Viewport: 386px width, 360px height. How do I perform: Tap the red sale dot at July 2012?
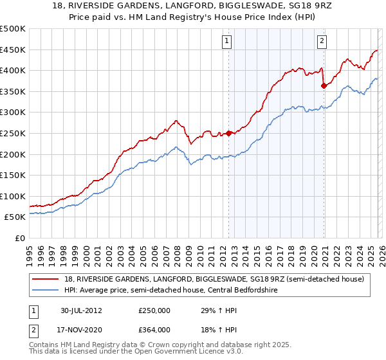(x=229, y=134)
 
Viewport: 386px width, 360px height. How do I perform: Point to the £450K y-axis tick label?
(x=13, y=50)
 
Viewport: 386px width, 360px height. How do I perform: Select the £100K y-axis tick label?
(x=13, y=196)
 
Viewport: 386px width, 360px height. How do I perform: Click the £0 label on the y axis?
(x=19, y=238)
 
